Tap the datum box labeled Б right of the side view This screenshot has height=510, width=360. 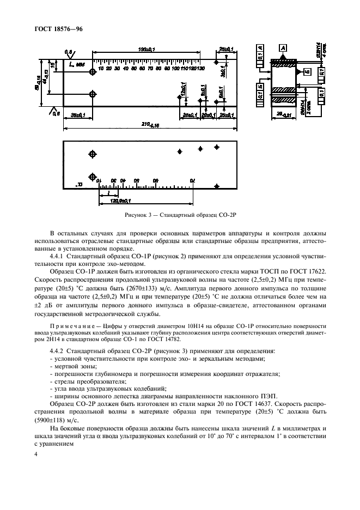[x=307, y=72]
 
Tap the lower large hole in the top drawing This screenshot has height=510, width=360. [x=93, y=94]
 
